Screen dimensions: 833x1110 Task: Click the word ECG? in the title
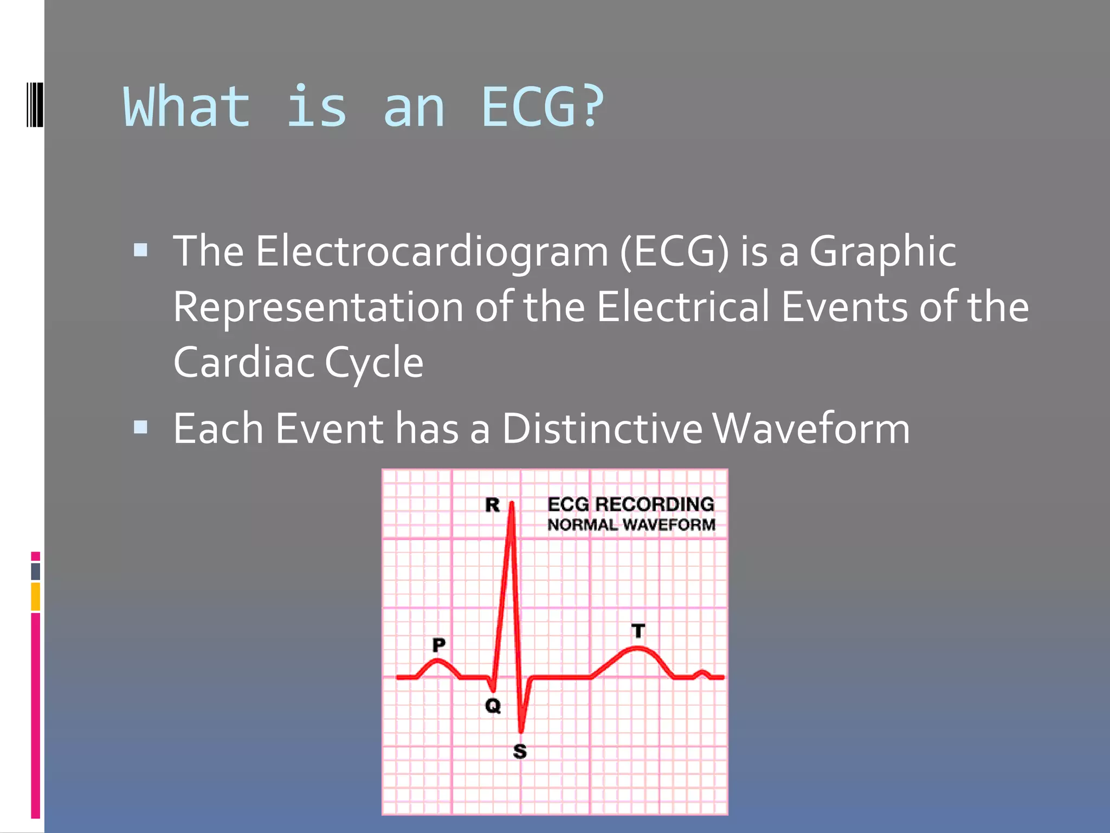click(x=542, y=107)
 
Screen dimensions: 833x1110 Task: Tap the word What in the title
click(x=187, y=107)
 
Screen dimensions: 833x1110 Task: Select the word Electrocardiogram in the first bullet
click(x=432, y=252)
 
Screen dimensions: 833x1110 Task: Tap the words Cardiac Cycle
click(x=298, y=363)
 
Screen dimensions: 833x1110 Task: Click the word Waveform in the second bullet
click(x=811, y=429)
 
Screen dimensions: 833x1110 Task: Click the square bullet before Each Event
click(x=140, y=427)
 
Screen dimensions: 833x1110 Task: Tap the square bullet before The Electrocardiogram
click(x=140, y=250)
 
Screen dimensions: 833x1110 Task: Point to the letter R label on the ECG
click(x=492, y=505)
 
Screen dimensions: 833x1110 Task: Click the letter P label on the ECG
click(x=438, y=645)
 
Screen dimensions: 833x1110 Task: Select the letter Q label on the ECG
click(x=493, y=706)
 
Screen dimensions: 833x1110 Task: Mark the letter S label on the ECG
click(x=520, y=752)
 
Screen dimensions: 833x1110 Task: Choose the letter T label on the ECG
click(x=638, y=631)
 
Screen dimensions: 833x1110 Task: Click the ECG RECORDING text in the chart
click(x=630, y=504)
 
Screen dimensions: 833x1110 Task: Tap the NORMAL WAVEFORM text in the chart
click(x=631, y=525)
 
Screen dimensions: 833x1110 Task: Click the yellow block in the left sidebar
click(x=36, y=597)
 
